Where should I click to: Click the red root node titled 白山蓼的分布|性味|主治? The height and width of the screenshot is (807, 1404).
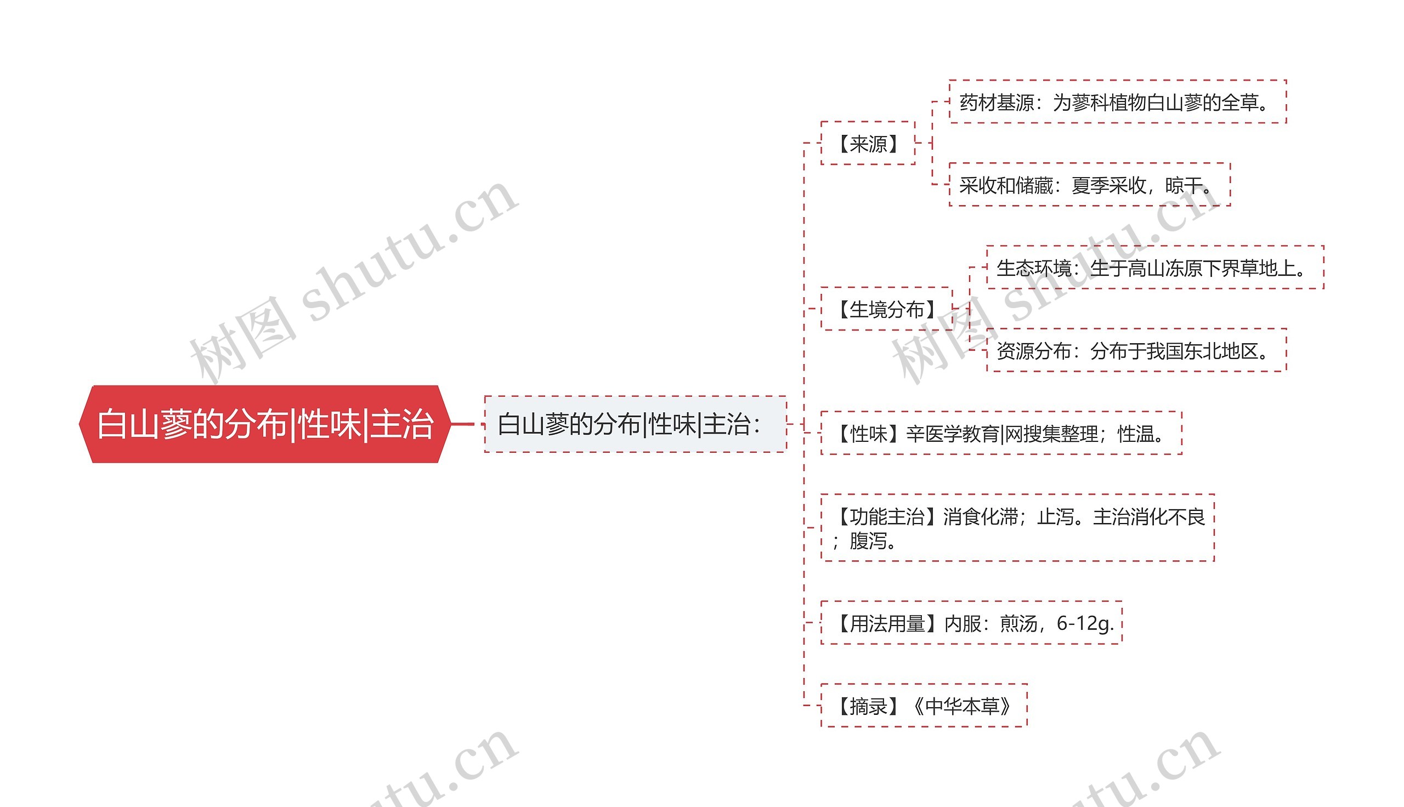tap(264, 424)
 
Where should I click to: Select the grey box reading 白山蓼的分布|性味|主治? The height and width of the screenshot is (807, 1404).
tap(635, 424)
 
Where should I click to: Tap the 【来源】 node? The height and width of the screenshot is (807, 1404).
tap(868, 144)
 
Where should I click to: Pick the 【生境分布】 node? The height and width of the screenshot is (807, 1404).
tap(886, 309)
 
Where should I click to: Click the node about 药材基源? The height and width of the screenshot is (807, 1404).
tap(1117, 102)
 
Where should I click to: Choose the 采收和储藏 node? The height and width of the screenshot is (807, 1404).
tap(1089, 185)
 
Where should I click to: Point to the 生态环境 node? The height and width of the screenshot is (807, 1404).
tap(1154, 268)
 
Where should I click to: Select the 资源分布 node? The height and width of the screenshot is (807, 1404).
tap(1136, 350)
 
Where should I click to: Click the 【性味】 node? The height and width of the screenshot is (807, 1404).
tap(1000, 433)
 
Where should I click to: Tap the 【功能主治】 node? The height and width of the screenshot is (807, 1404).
tap(1017, 527)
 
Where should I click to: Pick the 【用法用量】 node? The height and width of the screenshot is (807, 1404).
tap(971, 623)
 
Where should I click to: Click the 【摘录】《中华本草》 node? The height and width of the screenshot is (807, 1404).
tap(924, 706)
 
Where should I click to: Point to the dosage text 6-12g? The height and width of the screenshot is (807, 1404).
tap(1085, 623)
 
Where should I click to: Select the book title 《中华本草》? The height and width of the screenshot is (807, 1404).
tap(963, 706)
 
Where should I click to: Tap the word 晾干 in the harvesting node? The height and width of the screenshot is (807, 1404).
tap(1183, 185)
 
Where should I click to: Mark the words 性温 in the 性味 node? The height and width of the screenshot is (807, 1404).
tap(1136, 434)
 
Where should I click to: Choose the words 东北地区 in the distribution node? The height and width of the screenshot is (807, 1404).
tap(1221, 350)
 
